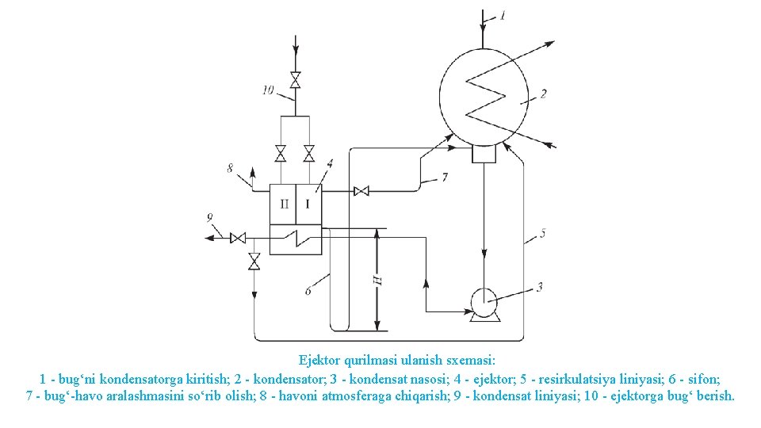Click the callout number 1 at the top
501,15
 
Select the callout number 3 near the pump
540,286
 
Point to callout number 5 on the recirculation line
542,233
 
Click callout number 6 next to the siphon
308,291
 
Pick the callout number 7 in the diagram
445,178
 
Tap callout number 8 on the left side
230,168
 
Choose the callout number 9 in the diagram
209,216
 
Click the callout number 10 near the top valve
268,90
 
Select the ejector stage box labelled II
283,204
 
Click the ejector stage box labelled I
308,204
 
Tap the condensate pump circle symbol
483,302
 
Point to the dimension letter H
377,280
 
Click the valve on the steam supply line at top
296,80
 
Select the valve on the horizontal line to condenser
361,191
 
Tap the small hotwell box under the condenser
484,153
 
